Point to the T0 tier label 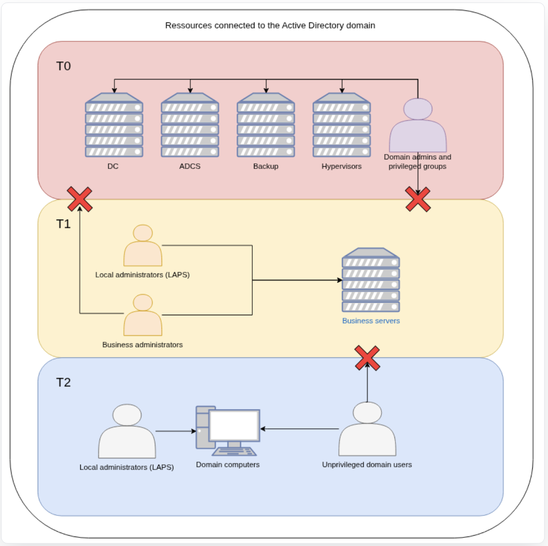click(63, 66)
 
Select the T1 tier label click(63, 224)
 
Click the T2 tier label click(63, 383)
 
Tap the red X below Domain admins click(418, 199)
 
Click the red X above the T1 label click(80, 199)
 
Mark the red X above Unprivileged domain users click(367, 358)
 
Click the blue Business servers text click(371, 321)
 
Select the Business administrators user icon click(143, 315)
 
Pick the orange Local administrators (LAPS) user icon click(143, 246)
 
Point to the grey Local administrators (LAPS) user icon click(127, 432)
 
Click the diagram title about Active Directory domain click(270, 26)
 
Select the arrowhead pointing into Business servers click(340, 280)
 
